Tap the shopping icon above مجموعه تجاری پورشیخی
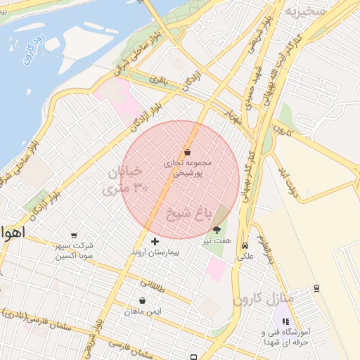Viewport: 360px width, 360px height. [x=187, y=152]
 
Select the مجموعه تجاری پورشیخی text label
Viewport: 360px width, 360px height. [x=186, y=167]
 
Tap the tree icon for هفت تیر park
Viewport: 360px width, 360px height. [x=216, y=230]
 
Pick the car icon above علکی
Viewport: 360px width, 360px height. [x=244, y=246]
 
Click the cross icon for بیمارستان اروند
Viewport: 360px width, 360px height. [x=155, y=241]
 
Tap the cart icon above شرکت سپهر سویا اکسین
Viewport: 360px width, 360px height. [x=75, y=236]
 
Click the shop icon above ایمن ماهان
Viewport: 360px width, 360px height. [x=142, y=300]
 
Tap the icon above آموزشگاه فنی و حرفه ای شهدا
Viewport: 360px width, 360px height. [x=285, y=321]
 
